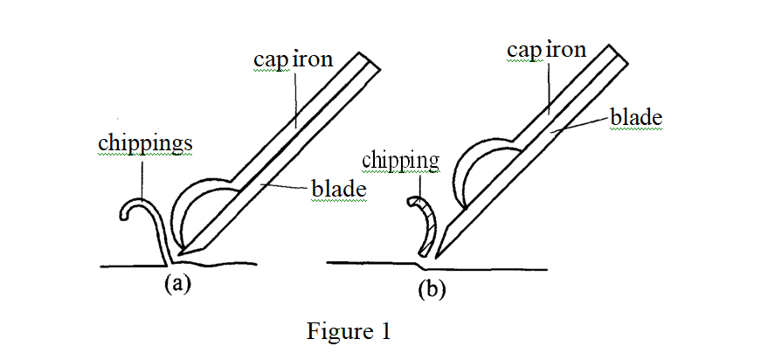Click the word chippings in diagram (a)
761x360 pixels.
click(x=143, y=144)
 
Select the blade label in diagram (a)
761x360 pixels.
click(x=338, y=188)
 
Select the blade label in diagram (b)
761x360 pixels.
click(x=636, y=117)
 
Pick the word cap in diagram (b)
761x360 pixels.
click(x=523, y=52)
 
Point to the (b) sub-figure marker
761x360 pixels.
click(x=432, y=289)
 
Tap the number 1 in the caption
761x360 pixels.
click(x=385, y=332)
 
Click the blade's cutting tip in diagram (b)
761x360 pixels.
click(x=442, y=248)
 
